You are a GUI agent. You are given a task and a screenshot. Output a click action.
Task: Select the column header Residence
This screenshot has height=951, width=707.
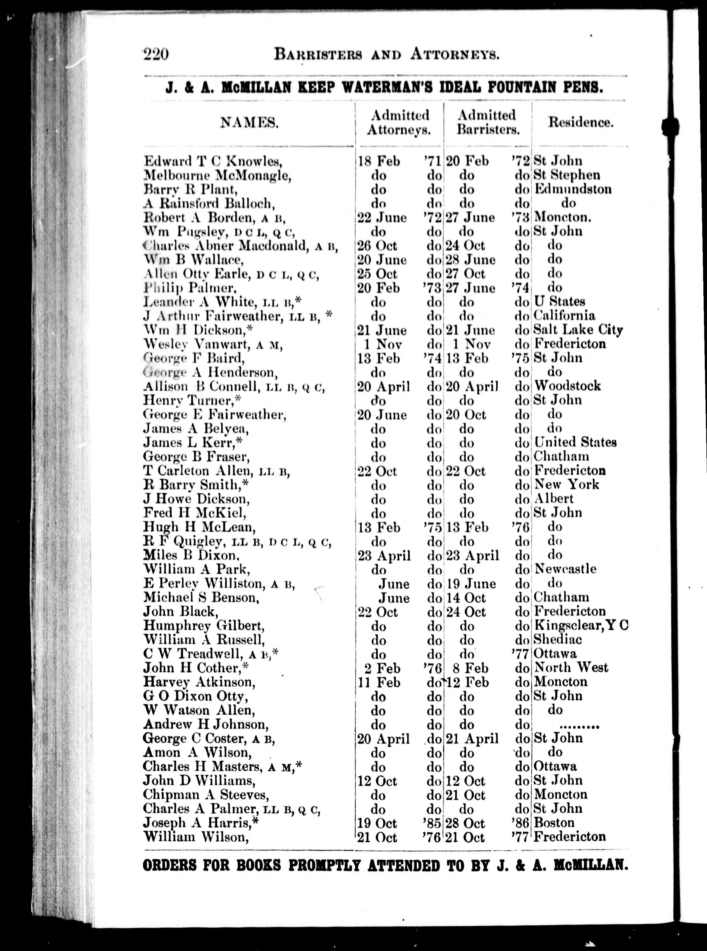coord(581,123)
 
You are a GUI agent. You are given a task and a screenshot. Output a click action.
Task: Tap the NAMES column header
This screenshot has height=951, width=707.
coord(249,123)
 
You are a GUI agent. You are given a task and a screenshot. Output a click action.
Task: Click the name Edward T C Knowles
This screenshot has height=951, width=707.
coord(213,161)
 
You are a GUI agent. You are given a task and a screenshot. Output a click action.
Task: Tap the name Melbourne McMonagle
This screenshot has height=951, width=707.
coord(217,175)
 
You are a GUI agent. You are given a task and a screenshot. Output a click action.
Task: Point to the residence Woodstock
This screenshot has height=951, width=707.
coord(567,386)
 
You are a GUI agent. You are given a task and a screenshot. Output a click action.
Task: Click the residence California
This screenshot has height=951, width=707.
coord(564,316)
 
